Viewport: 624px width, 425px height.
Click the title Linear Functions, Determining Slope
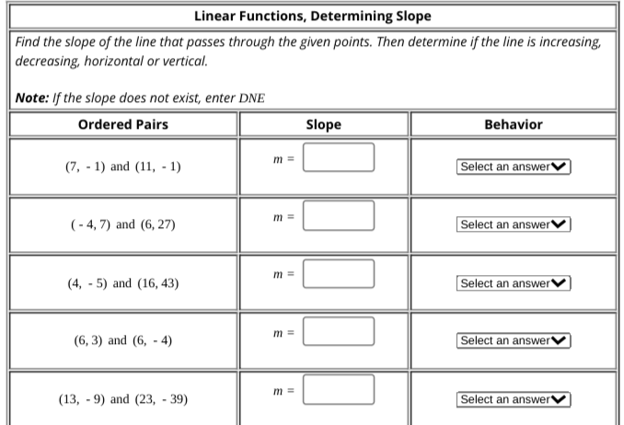click(312, 16)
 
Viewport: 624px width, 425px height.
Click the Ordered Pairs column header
click(123, 124)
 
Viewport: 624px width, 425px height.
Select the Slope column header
click(323, 124)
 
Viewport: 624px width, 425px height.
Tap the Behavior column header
click(513, 124)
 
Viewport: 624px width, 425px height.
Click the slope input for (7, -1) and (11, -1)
click(339, 157)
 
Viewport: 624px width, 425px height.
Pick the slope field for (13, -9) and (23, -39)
click(339, 389)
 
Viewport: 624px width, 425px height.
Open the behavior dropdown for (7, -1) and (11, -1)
click(513, 167)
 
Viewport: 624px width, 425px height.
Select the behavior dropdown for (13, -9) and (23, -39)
click(513, 399)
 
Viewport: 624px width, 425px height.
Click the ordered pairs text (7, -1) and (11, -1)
click(123, 167)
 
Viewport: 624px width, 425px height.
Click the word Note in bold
click(33, 98)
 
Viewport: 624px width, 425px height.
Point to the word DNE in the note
click(251, 98)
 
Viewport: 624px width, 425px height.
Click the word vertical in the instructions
click(185, 62)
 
